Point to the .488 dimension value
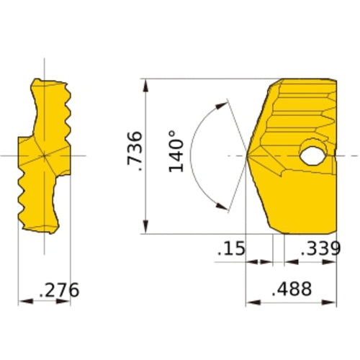(292, 289)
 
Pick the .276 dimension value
(58, 290)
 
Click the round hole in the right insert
(313, 155)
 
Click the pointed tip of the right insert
(248, 156)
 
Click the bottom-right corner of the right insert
(336, 233)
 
